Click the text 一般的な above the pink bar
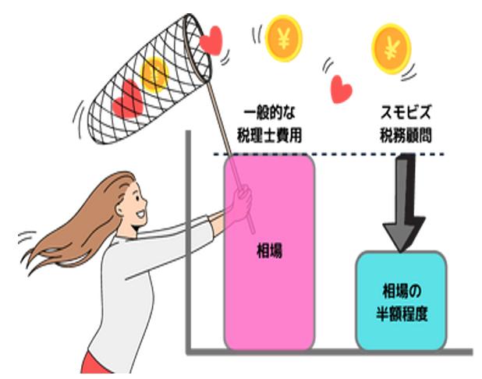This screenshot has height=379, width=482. (x=269, y=112)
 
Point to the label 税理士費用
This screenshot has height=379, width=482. (x=269, y=134)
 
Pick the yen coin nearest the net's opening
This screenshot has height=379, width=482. (x=282, y=35)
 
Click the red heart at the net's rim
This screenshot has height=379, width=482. (x=211, y=40)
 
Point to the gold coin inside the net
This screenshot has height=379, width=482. (x=155, y=73)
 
